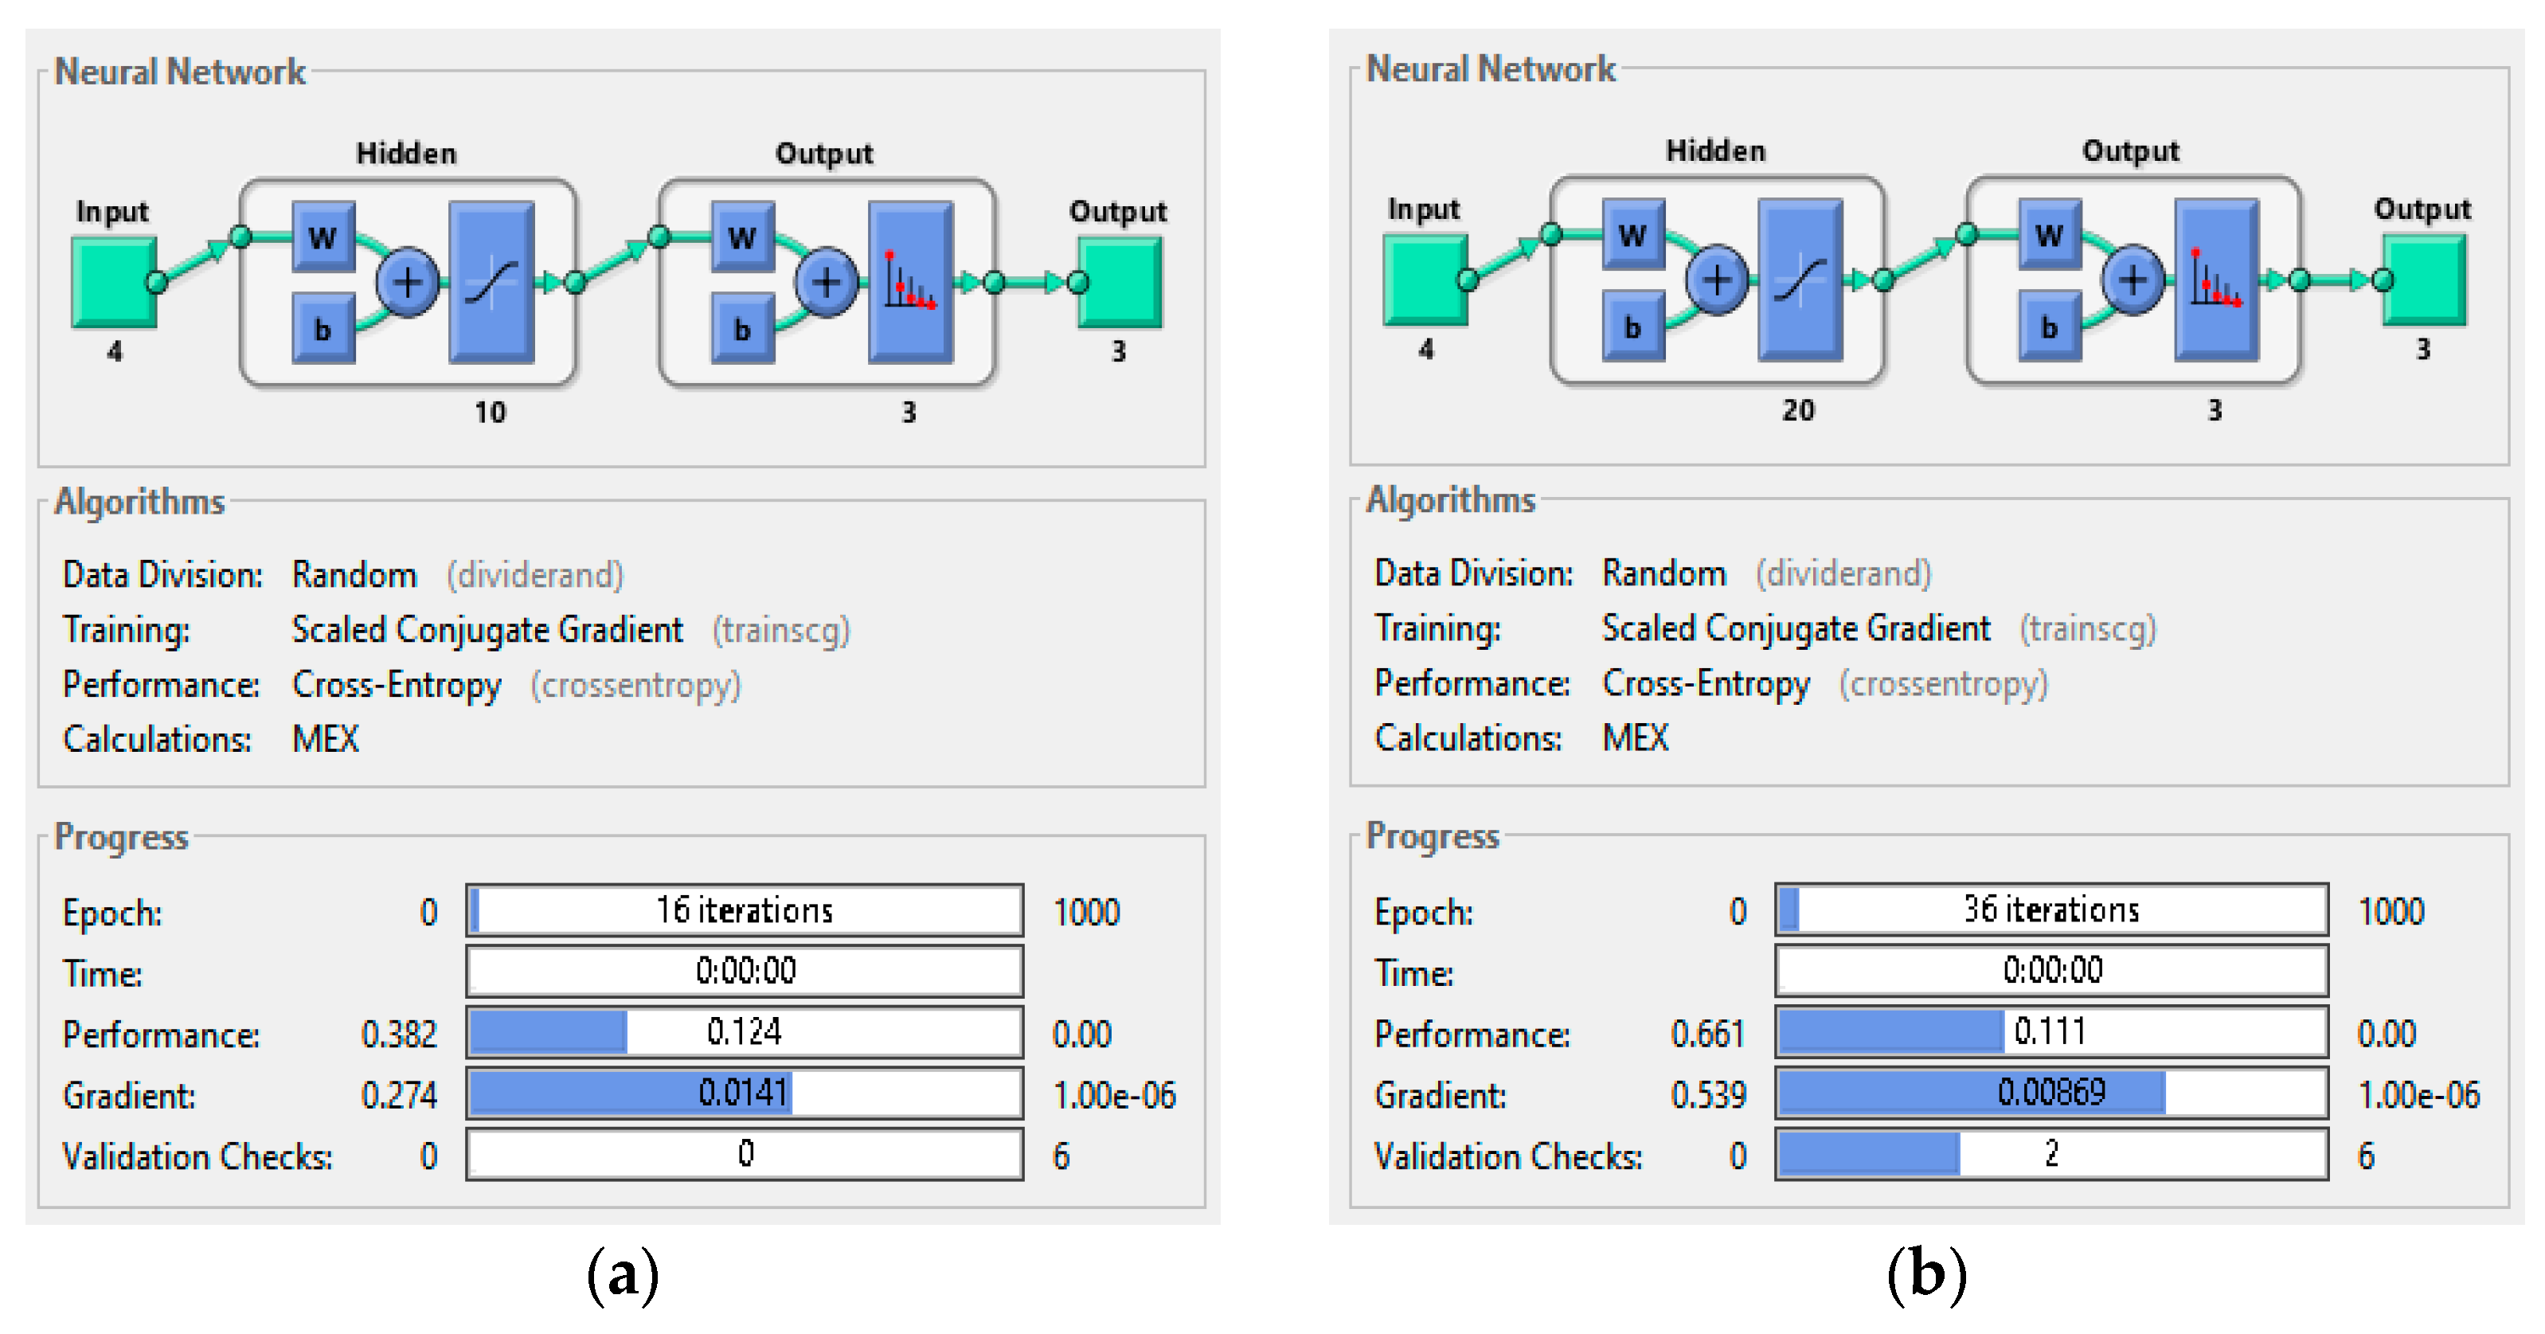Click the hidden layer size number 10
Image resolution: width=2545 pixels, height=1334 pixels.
490,412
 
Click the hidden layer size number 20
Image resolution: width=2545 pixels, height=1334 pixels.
1798,410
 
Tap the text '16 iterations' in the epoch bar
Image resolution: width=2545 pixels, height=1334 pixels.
745,910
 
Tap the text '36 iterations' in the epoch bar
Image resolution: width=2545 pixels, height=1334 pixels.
2051,909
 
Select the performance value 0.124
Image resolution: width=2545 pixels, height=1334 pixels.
744,1031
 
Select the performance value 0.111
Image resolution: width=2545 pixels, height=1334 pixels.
2050,1031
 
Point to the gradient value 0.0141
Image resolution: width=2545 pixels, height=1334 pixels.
743,1093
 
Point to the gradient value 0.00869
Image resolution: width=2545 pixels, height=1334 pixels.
2051,1092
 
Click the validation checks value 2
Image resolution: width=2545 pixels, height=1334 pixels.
2052,1153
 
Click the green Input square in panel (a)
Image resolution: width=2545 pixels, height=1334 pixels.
111,282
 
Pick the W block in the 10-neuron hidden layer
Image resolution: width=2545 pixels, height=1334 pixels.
323,237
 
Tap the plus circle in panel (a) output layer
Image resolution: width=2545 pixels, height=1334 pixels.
826,283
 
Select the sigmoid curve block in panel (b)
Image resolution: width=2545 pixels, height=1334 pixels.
1800,280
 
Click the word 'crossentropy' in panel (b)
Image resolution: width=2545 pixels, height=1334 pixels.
1943,684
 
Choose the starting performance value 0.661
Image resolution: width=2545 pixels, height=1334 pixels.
1707,1034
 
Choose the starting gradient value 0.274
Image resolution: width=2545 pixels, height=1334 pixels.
398,1095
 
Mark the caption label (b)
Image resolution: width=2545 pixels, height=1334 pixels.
1926,1275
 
